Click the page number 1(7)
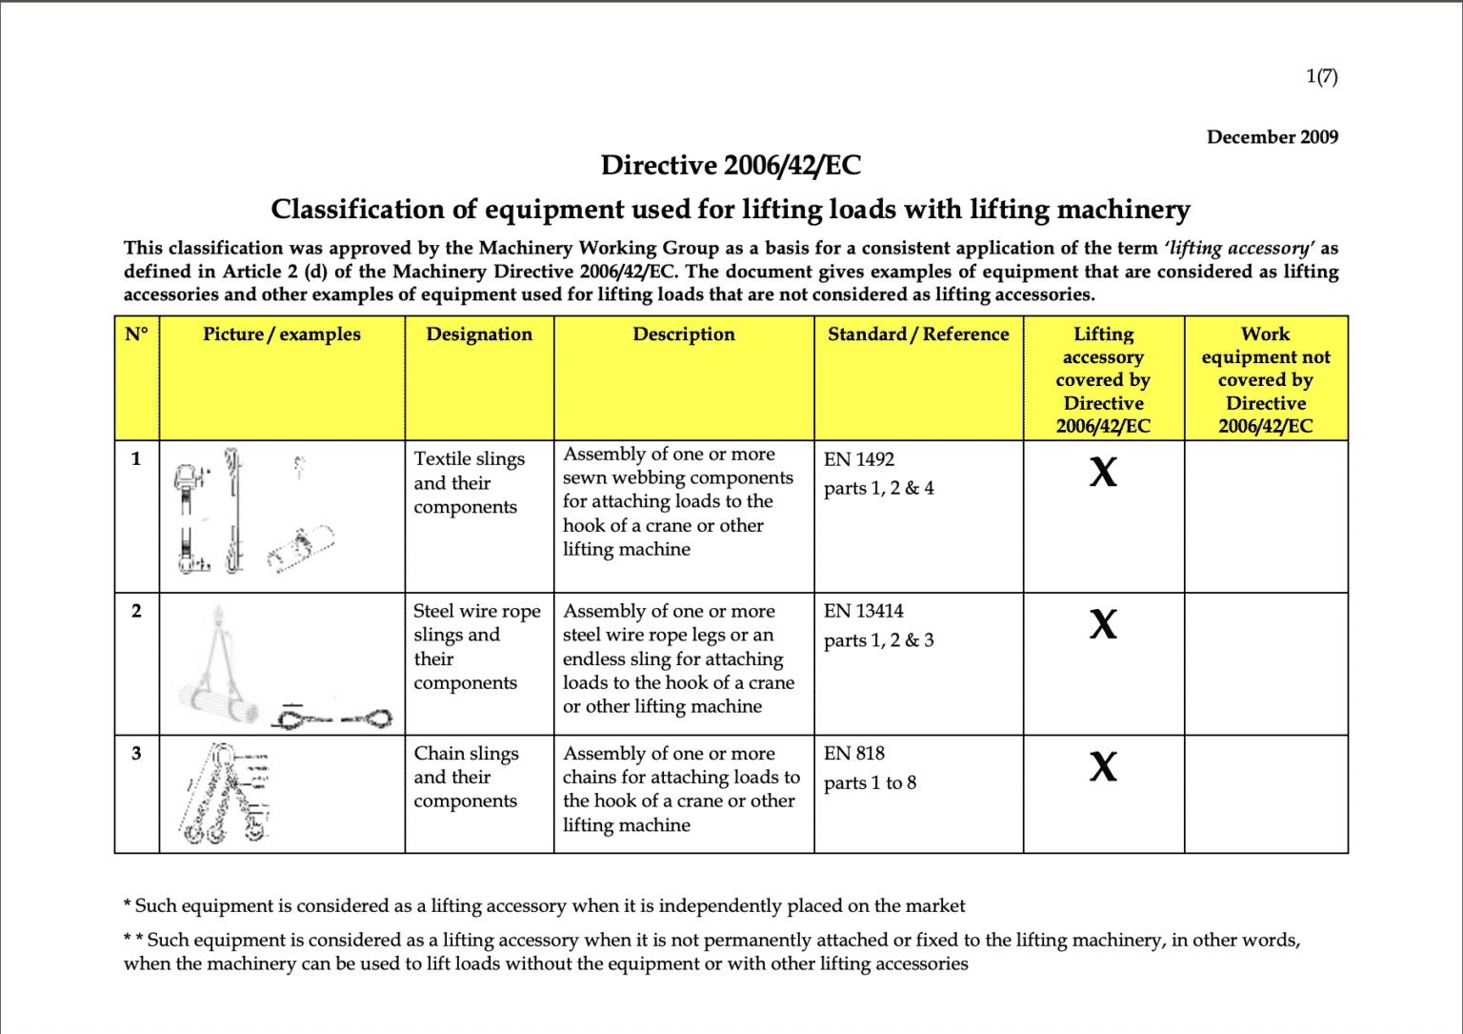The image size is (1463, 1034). pyautogui.click(x=1321, y=76)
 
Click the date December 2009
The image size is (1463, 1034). pyautogui.click(x=1272, y=137)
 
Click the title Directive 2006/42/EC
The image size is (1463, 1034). pyautogui.click(x=731, y=166)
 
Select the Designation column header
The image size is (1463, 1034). pyautogui.click(x=479, y=335)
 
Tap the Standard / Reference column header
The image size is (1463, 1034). pyautogui.click(x=918, y=335)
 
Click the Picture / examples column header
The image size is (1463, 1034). pyautogui.click(x=282, y=335)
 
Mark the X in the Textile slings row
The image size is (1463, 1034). pyautogui.click(x=1103, y=472)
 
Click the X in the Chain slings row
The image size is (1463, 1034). pyautogui.click(x=1103, y=766)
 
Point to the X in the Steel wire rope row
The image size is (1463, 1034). pyautogui.click(x=1103, y=624)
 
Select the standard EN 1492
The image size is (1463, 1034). pyautogui.click(x=859, y=459)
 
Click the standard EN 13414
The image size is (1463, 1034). pyautogui.click(x=864, y=611)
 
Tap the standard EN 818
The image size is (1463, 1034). pyautogui.click(x=854, y=754)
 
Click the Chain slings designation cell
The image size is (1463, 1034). pyautogui.click(x=467, y=777)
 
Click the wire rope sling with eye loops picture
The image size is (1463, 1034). pyautogui.click(x=333, y=717)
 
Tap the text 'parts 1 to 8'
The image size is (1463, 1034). pyautogui.click(x=870, y=783)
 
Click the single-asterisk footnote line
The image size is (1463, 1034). pyautogui.click(x=545, y=905)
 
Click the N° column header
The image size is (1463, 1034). pyautogui.click(x=136, y=335)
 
